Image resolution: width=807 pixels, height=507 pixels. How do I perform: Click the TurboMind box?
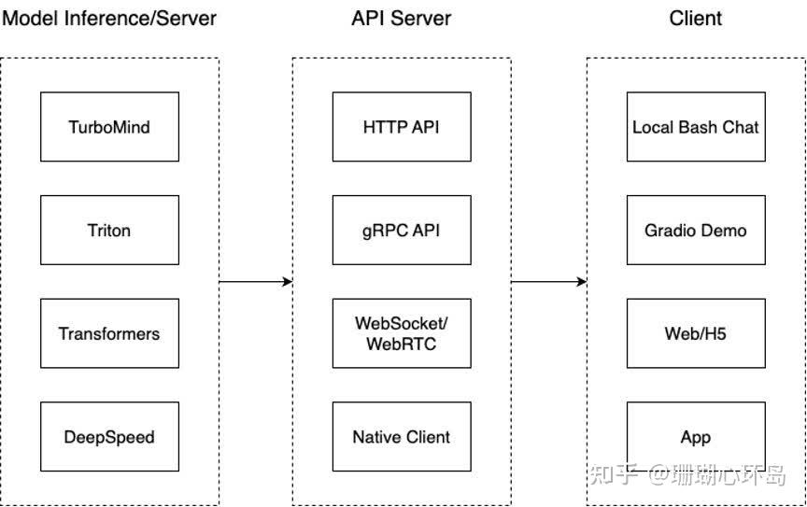click(109, 127)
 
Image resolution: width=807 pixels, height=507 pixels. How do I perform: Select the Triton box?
click(109, 231)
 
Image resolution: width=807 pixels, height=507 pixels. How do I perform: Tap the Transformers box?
click(109, 333)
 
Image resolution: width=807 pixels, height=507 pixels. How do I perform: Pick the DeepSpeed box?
click(109, 437)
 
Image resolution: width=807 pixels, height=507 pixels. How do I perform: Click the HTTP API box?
click(402, 127)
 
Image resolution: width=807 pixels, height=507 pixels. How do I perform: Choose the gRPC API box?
click(402, 231)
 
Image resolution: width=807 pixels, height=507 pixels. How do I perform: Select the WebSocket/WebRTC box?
click(402, 333)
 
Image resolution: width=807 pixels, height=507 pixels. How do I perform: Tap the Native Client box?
click(402, 437)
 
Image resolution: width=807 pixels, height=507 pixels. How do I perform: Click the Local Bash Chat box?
click(696, 127)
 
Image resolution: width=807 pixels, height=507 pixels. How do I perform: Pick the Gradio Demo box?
click(696, 231)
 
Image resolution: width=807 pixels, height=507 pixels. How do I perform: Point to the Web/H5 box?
click(696, 333)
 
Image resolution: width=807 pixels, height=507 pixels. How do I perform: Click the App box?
click(696, 437)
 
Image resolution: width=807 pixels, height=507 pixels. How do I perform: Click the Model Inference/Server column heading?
click(109, 18)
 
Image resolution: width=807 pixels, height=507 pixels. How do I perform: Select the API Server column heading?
click(402, 18)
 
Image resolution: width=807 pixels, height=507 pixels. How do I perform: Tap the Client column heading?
click(696, 18)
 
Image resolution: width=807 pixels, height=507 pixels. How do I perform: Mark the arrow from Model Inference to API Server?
click(255, 281)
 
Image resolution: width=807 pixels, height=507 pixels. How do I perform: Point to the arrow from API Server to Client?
click(548, 281)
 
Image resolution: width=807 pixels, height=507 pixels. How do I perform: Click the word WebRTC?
click(402, 344)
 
